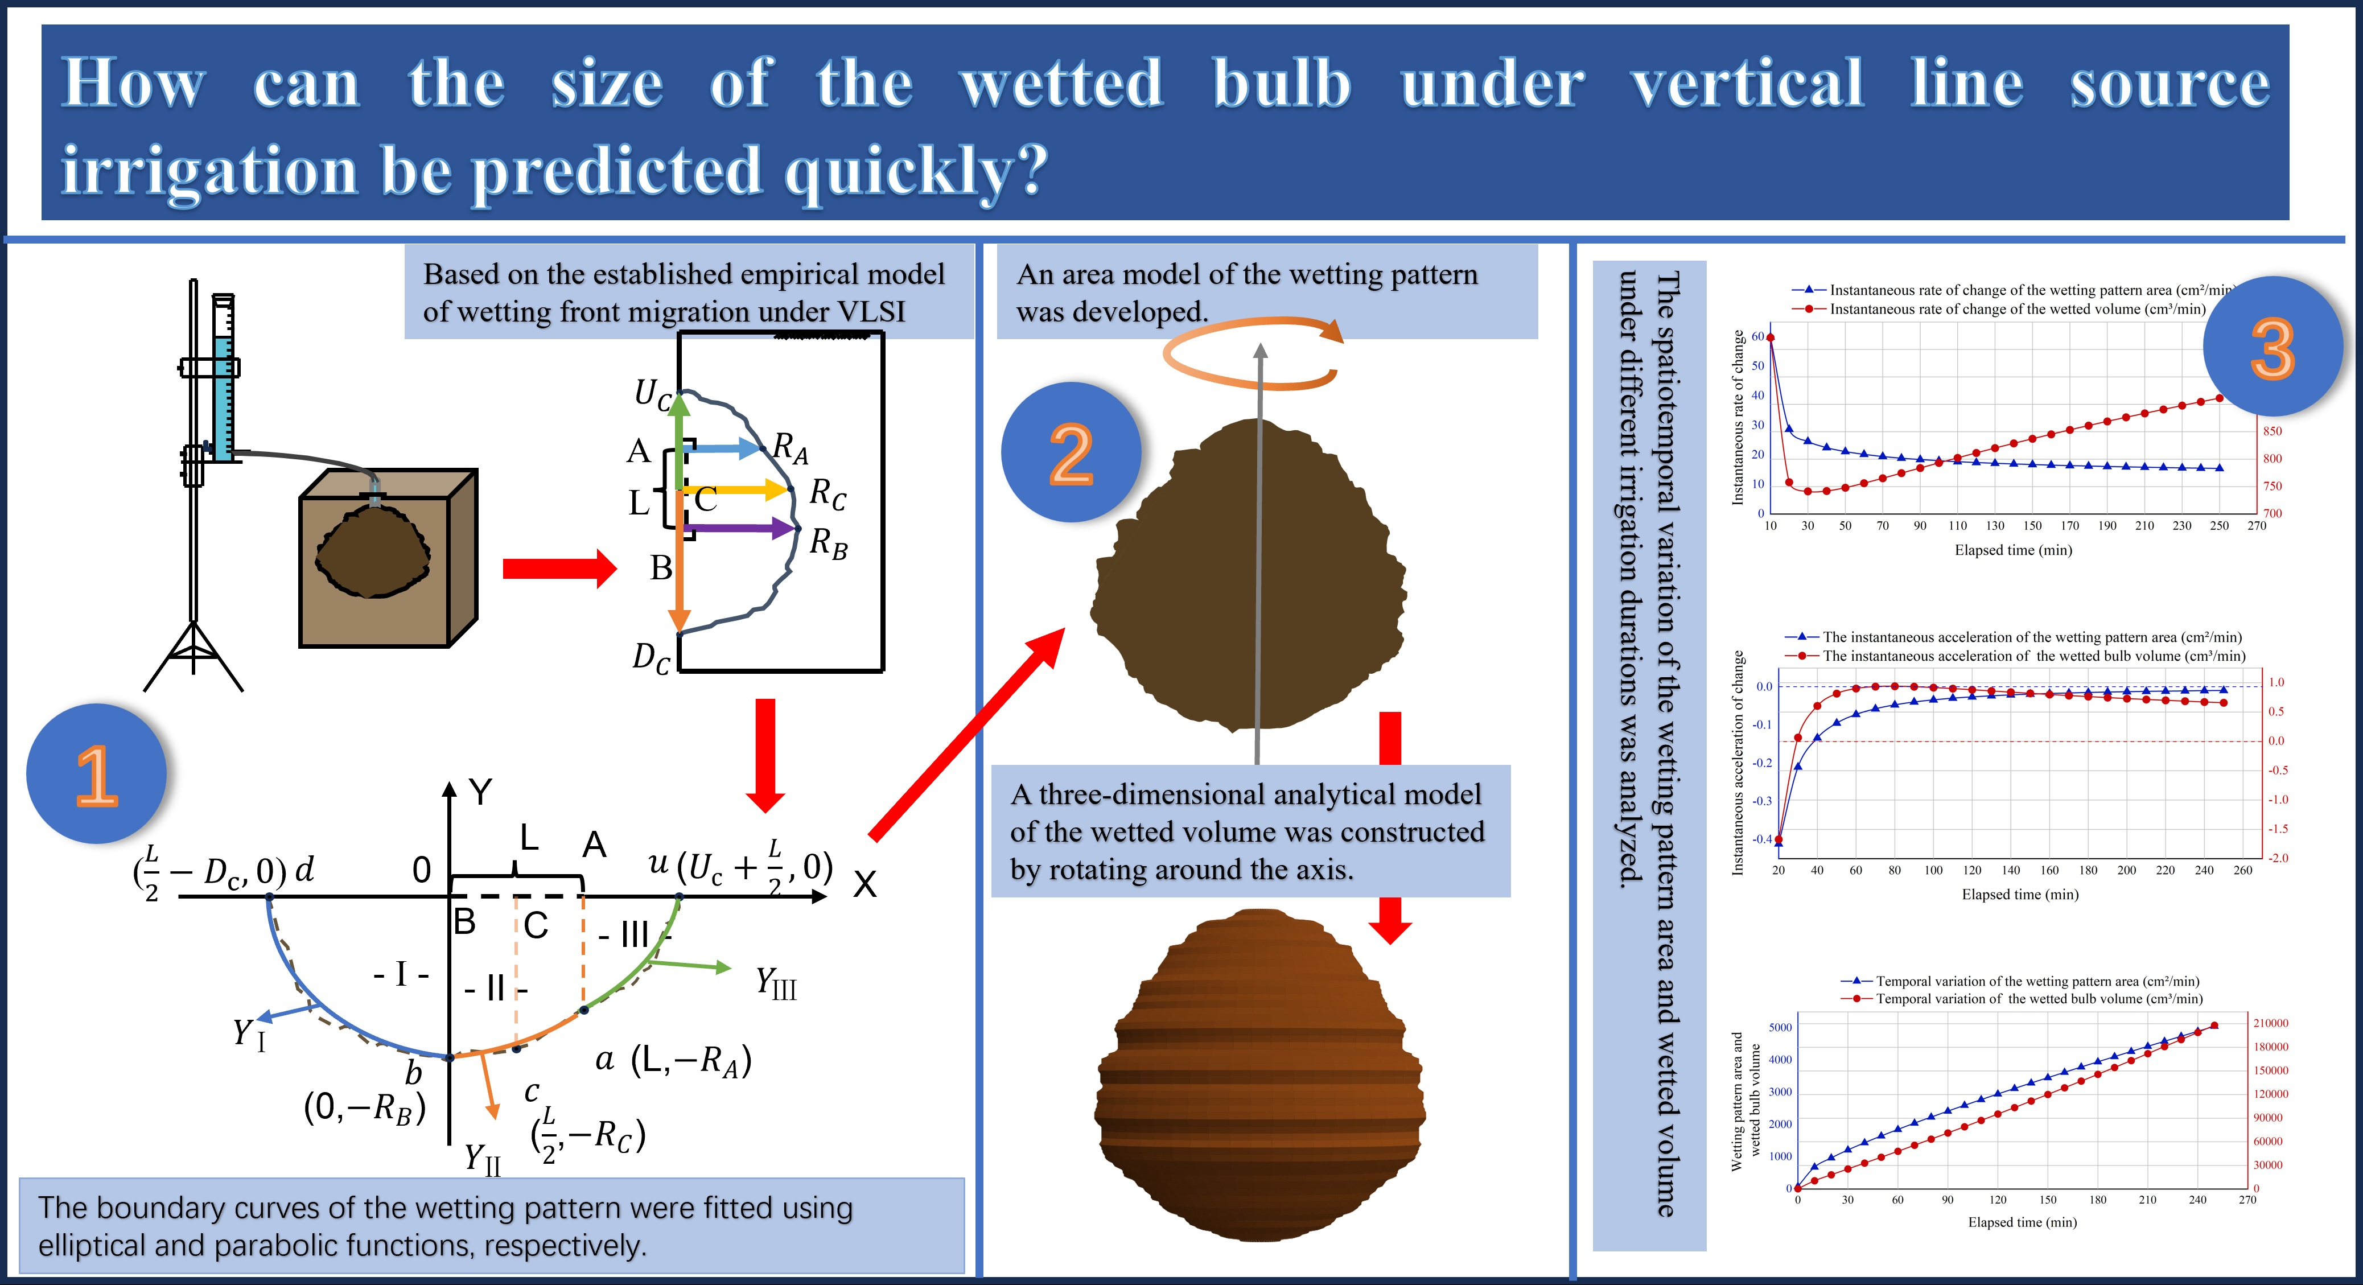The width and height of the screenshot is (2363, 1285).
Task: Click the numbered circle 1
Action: point(96,773)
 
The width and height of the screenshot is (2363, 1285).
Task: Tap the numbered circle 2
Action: point(1071,452)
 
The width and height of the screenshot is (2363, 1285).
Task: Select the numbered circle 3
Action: point(2272,347)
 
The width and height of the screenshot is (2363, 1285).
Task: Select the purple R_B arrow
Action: point(739,528)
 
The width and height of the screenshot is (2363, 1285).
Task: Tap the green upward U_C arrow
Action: point(679,440)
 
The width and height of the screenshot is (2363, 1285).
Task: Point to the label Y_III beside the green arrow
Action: point(776,983)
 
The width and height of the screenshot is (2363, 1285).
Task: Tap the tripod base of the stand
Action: point(194,656)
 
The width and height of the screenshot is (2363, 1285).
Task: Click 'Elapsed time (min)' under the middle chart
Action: point(2020,894)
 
